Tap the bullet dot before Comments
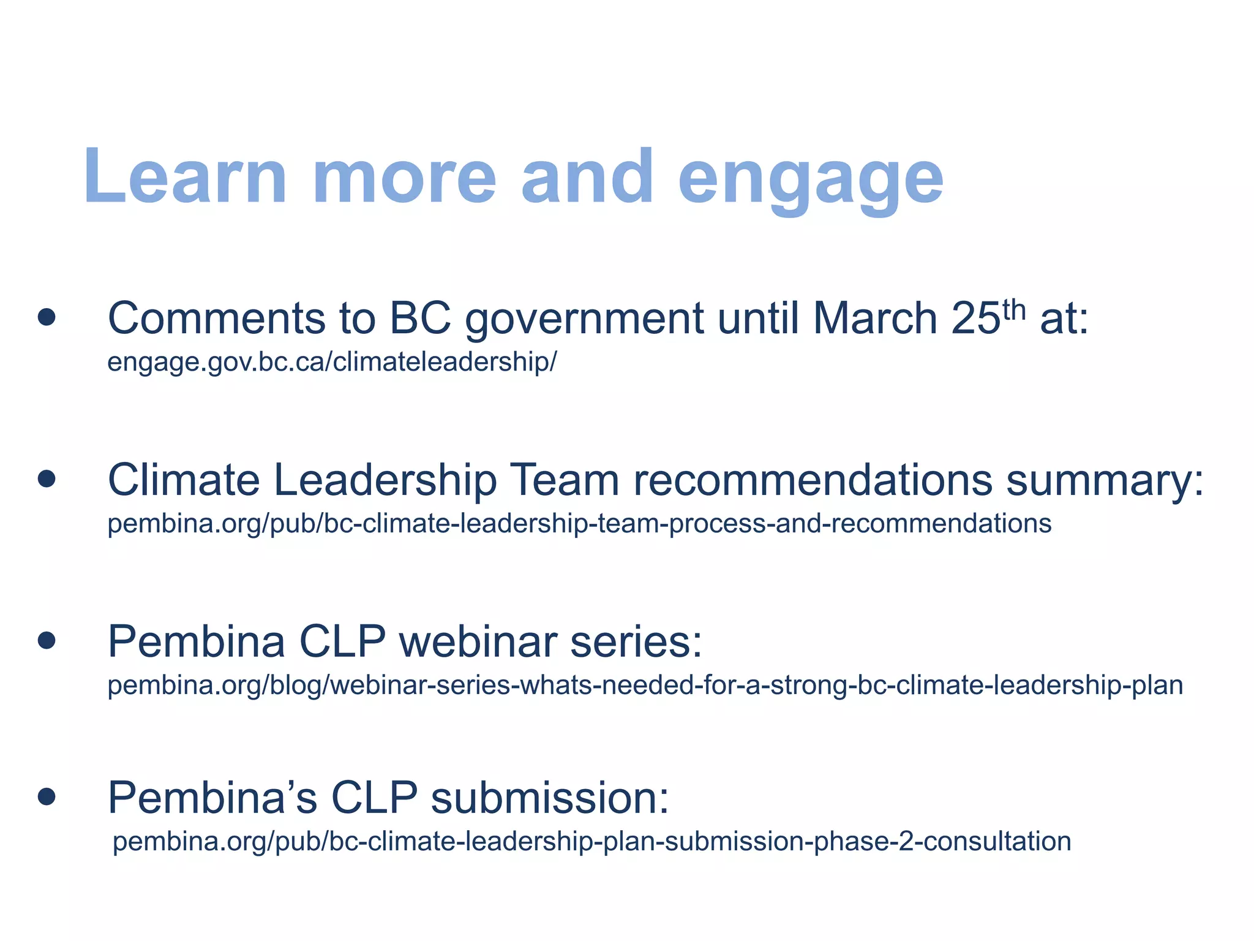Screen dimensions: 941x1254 (47, 317)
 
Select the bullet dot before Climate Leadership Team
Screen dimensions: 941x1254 (47, 478)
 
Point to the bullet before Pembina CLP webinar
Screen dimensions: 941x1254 (47, 641)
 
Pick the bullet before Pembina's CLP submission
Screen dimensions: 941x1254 (47, 796)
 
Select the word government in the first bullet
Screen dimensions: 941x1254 (584, 320)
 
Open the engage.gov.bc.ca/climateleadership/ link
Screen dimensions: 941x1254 (332, 362)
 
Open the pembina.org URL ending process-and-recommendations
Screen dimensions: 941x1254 (579, 524)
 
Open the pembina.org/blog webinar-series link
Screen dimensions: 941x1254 (645, 685)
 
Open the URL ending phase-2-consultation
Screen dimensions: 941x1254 (591, 841)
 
